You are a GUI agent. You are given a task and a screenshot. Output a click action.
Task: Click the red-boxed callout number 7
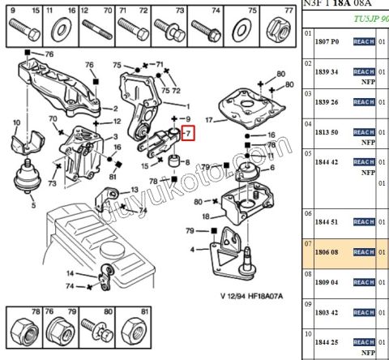pyautogui.click(x=187, y=132)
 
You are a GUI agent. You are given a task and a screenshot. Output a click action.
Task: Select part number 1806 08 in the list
pyautogui.click(x=327, y=253)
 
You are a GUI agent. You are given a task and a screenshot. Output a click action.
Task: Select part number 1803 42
pyautogui.click(x=327, y=312)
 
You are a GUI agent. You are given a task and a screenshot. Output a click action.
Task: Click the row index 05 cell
pyautogui.click(x=308, y=152)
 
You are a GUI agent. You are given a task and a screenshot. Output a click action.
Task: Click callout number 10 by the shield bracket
pyautogui.click(x=15, y=122)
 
